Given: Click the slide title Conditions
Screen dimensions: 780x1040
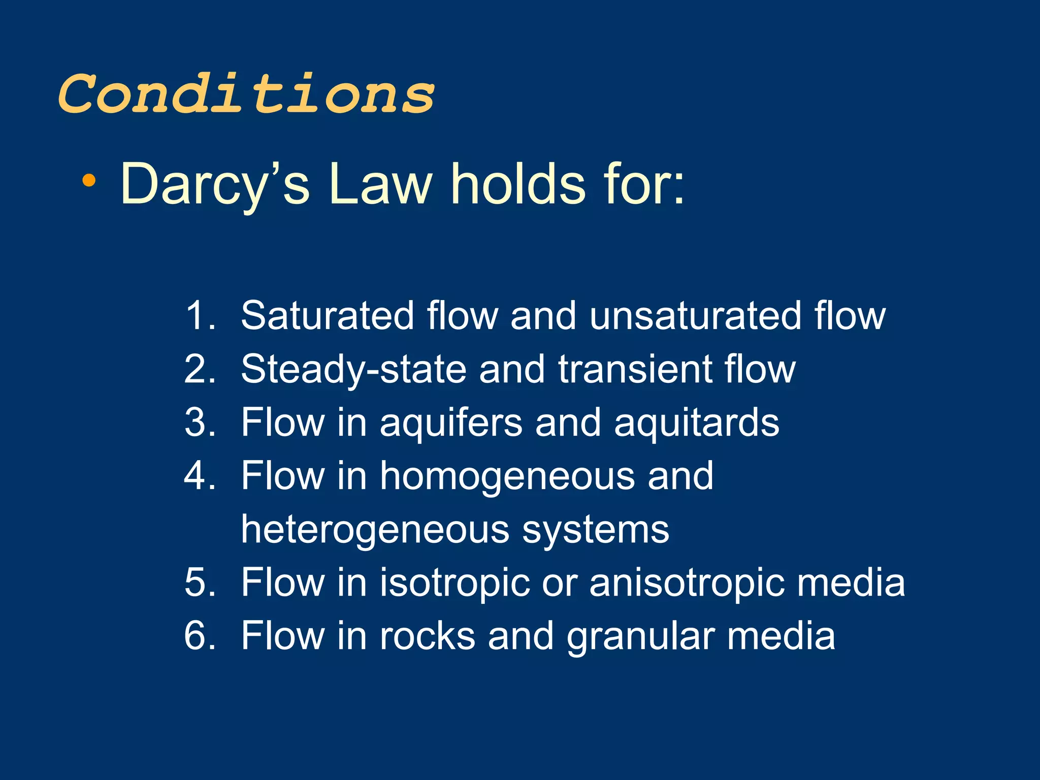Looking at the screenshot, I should [246, 94].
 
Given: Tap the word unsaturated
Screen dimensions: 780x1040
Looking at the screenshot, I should [696, 316].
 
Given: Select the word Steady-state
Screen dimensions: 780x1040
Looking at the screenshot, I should [353, 370].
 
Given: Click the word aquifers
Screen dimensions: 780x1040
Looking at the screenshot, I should [451, 423].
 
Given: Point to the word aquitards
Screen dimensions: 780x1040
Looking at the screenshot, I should [696, 423].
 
